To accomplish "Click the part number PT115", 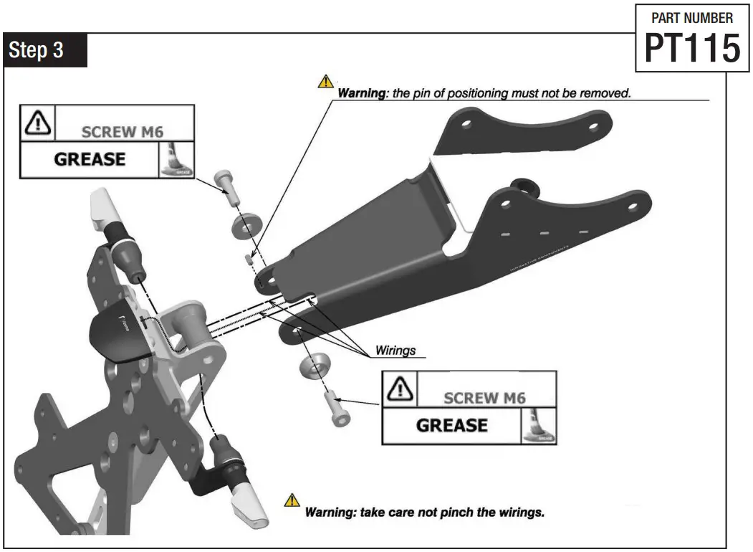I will (x=691, y=49).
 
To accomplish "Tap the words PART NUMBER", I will (x=691, y=17).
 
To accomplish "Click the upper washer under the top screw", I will (x=246, y=224).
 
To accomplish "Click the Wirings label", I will (x=395, y=352).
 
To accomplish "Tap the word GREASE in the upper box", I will (x=90, y=159).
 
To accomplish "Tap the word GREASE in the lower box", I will (x=451, y=425).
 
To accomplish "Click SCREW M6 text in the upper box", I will (x=127, y=132).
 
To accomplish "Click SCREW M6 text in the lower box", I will (x=489, y=398).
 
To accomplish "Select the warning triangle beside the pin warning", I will (x=326, y=81).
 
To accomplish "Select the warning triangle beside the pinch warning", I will (x=292, y=500).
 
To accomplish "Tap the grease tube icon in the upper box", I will (x=176, y=159).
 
